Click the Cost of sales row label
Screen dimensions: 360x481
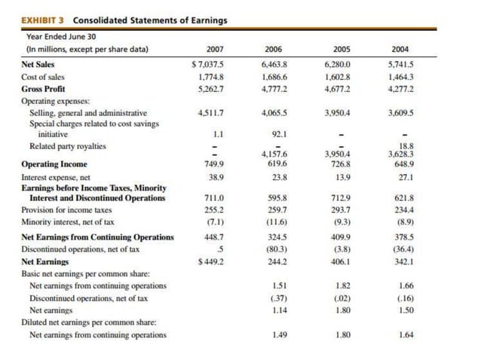tap(43, 77)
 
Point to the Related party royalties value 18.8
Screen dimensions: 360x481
tap(406, 148)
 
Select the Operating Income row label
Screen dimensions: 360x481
tap(54, 163)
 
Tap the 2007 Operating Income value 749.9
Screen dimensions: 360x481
tap(213, 163)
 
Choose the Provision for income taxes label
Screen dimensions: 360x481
tap(66, 210)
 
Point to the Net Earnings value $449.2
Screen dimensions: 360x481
tap(210, 261)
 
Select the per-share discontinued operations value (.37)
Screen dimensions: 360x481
tap(278, 297)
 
